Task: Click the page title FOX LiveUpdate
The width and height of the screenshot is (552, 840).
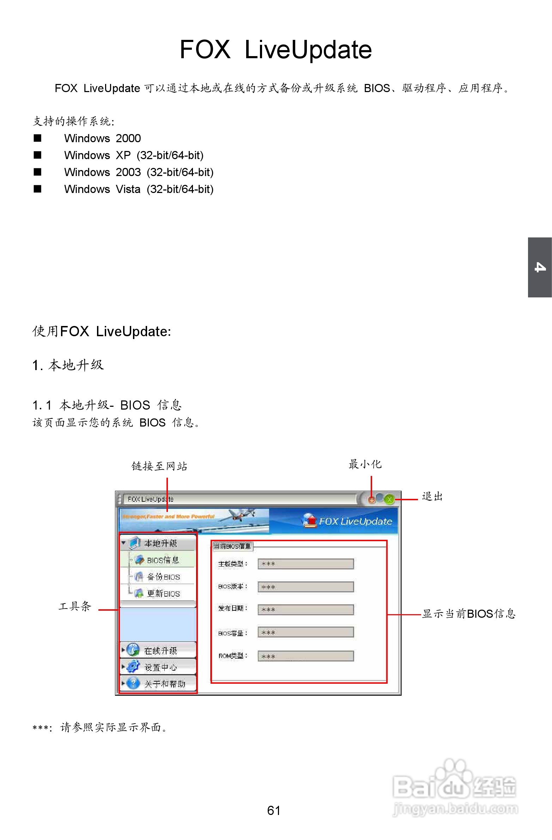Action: pos(275,50)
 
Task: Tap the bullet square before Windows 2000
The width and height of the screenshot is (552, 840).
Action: pos(37,138)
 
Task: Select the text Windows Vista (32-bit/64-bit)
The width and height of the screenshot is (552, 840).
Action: pos(139,189)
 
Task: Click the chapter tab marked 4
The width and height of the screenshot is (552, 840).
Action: pos(540,267)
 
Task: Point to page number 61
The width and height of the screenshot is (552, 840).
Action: pos(273,810)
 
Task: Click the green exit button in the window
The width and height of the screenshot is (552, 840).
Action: pos(389,500)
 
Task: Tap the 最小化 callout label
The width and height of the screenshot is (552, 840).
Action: pos(365,464)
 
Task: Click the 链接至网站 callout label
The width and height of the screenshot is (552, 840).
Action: pos(159,466)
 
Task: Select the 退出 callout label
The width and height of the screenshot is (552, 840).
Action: pos(432,497)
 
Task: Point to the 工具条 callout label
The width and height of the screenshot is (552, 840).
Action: pos(75,606)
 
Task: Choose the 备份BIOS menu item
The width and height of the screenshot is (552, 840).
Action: pos(163,577)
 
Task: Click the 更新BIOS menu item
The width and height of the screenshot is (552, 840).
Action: pos(163,594)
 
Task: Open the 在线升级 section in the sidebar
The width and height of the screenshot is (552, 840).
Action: pos(160,650)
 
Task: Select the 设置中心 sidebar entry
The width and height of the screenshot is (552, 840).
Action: pos(160,667)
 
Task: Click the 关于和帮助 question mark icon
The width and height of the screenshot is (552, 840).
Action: pos(133,683)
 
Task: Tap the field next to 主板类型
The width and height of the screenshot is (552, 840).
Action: pos(306,564)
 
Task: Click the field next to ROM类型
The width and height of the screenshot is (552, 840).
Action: pos(306,656)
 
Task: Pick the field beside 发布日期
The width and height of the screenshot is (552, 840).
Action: pos(306,610)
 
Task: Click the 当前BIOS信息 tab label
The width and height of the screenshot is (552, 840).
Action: pos(232,546)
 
